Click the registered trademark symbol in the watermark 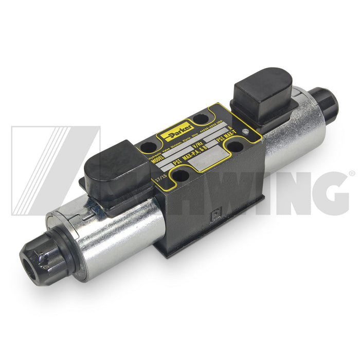tap(351, 174)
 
